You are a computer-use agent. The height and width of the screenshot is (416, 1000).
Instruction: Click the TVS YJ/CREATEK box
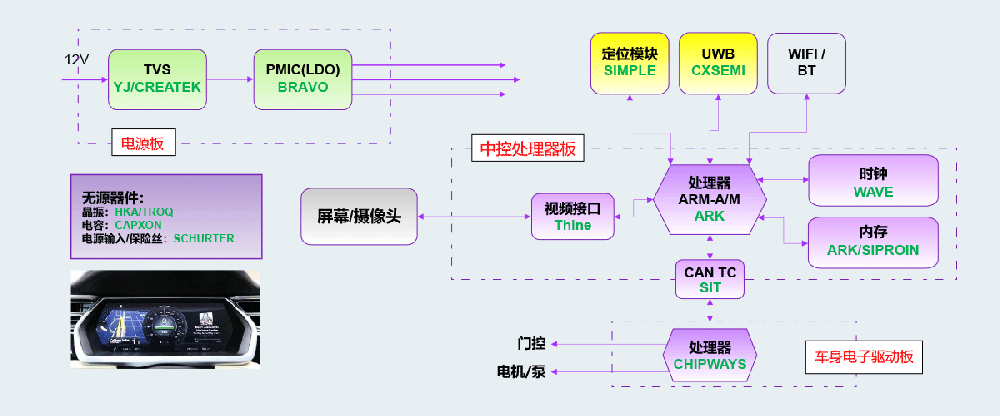(157, 78)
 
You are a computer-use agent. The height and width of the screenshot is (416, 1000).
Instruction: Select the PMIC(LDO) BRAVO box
(303, 78)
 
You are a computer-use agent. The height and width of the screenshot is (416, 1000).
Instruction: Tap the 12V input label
(77, 60)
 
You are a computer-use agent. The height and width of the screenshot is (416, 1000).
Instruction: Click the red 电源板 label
(141, 143)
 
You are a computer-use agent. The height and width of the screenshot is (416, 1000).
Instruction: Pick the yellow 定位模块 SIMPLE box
(629, 62)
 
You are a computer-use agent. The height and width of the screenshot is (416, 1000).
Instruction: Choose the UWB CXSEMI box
(717, 62)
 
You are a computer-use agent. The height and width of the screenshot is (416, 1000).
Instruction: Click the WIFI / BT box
(806, 62)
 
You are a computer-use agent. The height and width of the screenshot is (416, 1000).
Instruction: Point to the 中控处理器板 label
(528, 149)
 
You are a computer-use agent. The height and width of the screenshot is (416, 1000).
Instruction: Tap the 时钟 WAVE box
(874, 182)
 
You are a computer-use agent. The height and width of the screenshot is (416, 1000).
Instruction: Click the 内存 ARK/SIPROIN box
(874, 241)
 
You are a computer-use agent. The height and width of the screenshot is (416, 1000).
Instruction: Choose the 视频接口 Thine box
(572, 216)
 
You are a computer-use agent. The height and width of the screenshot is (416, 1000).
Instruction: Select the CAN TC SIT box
(710, 278)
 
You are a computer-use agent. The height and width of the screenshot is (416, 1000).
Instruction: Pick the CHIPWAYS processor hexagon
(710, 354)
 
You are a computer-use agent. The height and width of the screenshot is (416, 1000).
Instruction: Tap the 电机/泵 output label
(521, 372)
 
